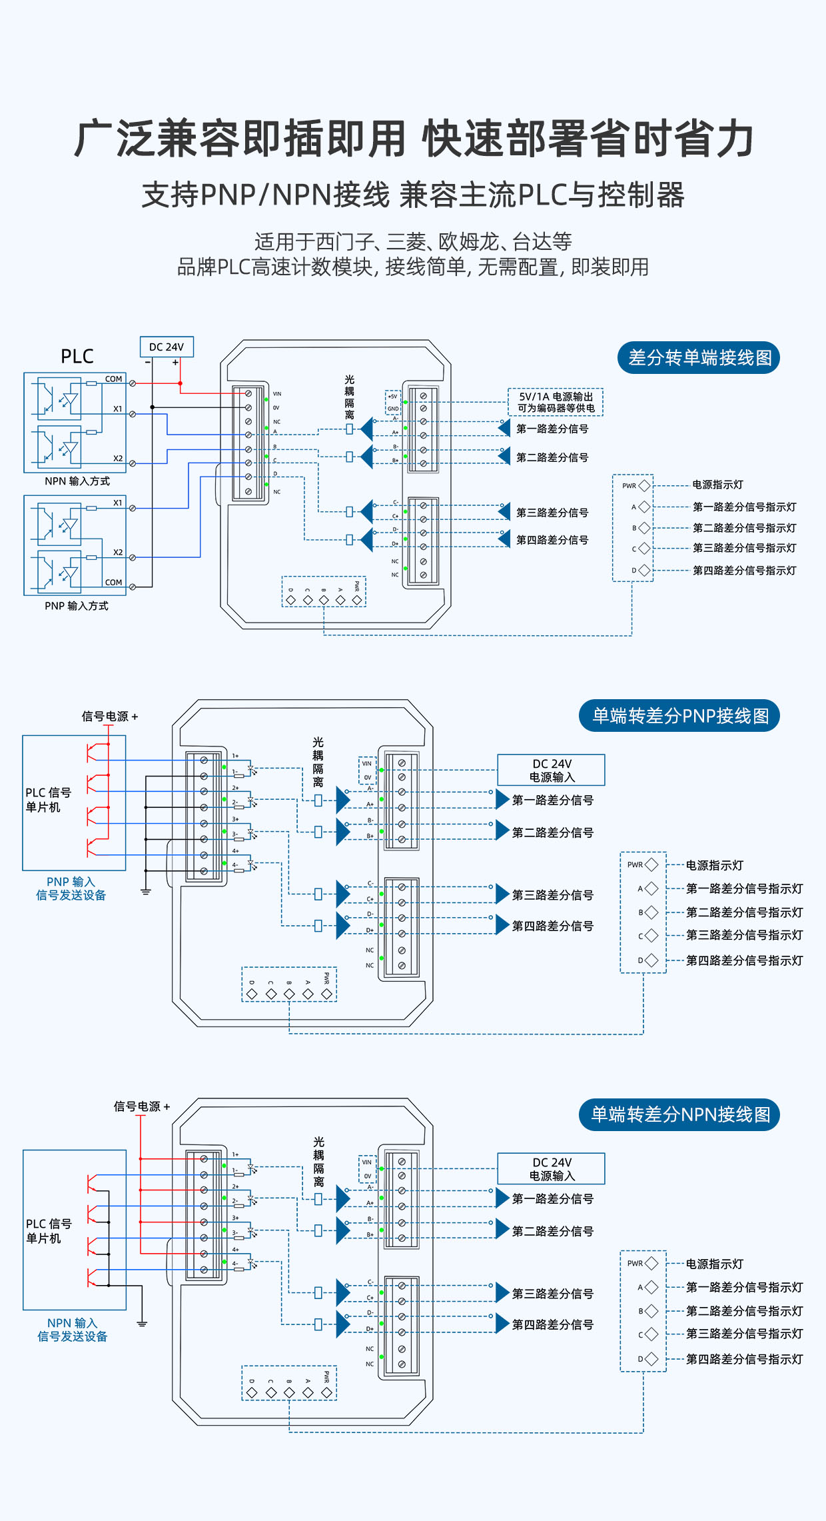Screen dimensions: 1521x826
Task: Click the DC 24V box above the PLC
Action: click(167, 347)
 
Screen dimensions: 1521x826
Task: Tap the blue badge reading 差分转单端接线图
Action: click(699, 358)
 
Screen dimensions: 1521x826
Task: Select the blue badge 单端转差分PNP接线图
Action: click(680, 716)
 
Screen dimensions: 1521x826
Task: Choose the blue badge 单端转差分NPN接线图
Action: click(680, 1114)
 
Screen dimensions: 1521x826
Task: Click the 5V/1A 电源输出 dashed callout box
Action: click(556, 402)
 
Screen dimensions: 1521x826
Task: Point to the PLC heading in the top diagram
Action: click(77, 357)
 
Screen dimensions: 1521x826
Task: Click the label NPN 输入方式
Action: click(77, 481)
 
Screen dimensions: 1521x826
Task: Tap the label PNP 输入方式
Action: click(77, 606)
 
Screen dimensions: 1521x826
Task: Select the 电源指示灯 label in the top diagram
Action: click(717, 485)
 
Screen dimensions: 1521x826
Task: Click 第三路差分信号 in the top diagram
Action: click(552, 513)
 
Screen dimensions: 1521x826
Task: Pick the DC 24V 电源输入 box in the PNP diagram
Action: click(552, 770)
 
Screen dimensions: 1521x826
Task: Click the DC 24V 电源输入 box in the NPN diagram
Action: click(552, 1169)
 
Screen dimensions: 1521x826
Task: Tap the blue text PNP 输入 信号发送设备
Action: click(71, 888)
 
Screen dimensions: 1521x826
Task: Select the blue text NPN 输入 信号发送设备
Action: click(72, 1330)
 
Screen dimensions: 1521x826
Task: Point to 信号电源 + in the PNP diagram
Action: click(110, 717)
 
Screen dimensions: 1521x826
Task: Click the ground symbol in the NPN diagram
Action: click(141, 1323)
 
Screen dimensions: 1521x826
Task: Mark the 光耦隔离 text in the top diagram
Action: click(350, 397)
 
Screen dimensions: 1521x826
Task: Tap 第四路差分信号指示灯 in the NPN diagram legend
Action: click(744, 1359)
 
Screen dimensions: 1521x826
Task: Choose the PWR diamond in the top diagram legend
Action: click(644, 486)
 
